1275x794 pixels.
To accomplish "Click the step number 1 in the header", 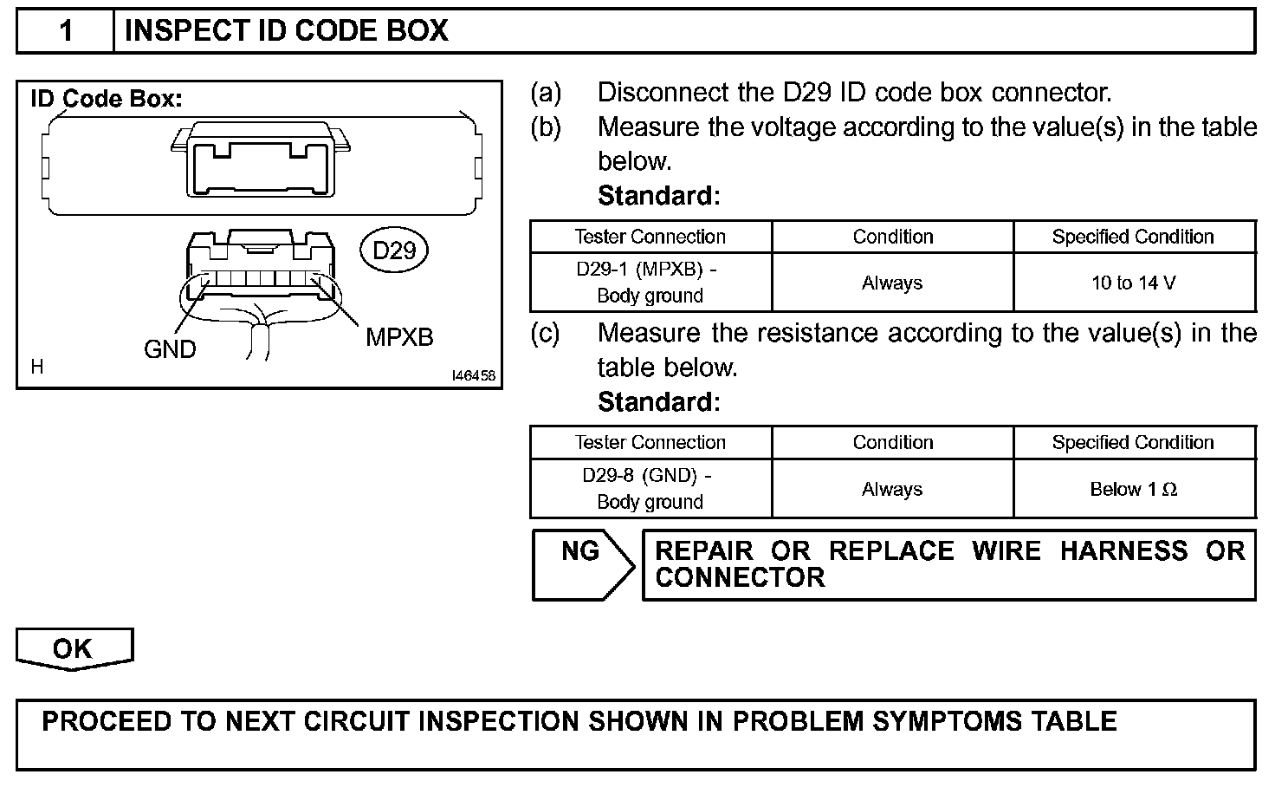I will coord(65,31).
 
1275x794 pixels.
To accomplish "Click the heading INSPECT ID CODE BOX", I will coord(286,31).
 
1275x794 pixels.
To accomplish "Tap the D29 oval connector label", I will coord(394,251).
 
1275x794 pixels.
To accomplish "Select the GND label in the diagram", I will coord(170,349).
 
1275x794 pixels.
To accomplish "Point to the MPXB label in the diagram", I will coord(399,337).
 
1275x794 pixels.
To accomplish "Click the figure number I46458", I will coord(473,376).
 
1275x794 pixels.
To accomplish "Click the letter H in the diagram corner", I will coord(37,368).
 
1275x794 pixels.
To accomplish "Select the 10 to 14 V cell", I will coord(1133,283).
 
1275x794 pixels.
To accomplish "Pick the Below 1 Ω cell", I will coord(1133,490).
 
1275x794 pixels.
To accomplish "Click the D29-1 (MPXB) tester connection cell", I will coord(650,283).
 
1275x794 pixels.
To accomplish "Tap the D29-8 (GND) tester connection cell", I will coord(650,489).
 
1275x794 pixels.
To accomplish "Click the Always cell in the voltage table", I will coord(892,283).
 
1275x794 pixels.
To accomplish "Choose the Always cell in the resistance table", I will coord(892,490).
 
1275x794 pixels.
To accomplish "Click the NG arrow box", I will coord(582,564).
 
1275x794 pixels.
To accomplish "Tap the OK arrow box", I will coord(74,649).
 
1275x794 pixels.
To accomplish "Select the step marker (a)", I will coord(546,92).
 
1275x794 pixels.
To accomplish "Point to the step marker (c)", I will coord(546,333).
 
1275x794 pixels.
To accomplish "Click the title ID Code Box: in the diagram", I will coord(107,99).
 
